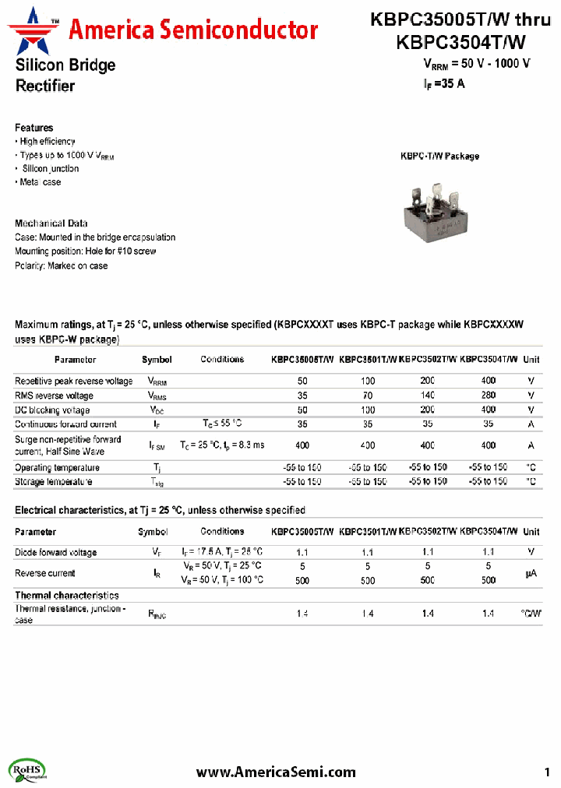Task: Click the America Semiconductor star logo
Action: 34,30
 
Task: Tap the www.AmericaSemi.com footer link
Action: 276,772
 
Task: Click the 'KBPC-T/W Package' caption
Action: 439,156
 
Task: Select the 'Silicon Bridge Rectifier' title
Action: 65,76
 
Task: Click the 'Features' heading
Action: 34,128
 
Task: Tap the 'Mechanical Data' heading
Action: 51,223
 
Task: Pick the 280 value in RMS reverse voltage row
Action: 488,396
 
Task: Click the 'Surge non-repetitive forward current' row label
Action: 69,445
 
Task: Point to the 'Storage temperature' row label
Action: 54,481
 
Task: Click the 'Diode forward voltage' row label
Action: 56,552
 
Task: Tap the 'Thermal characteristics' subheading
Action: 67,596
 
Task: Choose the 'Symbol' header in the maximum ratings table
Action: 157,360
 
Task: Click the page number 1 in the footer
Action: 546,772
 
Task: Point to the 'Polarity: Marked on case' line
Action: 62,266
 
